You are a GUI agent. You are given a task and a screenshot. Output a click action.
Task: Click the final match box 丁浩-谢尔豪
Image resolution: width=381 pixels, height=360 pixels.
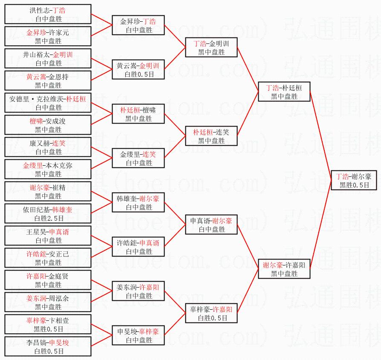click(354, 180)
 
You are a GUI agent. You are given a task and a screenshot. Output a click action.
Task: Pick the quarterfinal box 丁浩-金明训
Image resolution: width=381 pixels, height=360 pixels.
click(211, 47)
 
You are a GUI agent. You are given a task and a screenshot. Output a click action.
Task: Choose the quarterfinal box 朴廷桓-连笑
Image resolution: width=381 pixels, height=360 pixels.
click(211, 136)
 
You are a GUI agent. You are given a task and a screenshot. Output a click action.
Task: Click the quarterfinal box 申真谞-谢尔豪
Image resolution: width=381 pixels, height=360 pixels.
click(211, 225)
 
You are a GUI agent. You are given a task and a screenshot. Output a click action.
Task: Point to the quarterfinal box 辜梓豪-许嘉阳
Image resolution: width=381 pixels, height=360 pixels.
click(211, 313)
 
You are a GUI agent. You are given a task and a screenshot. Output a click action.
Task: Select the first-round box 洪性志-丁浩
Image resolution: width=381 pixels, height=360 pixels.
click(48, 14)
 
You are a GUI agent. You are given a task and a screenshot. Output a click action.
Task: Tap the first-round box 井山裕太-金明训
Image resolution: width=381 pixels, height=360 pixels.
click(48, 58)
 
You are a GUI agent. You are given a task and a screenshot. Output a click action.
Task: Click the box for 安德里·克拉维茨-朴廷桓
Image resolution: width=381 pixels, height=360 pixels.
click(48, 103)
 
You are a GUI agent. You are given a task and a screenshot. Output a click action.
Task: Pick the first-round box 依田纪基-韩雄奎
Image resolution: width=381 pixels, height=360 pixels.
click(48, 213)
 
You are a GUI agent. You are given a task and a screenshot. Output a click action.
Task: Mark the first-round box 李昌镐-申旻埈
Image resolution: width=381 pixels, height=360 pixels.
click(48, 346)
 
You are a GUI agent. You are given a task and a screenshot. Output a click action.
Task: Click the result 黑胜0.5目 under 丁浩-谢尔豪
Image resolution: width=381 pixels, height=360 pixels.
click(354, 185)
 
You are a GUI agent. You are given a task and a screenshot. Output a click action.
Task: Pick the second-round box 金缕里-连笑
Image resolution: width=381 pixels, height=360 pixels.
click(138, 158)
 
